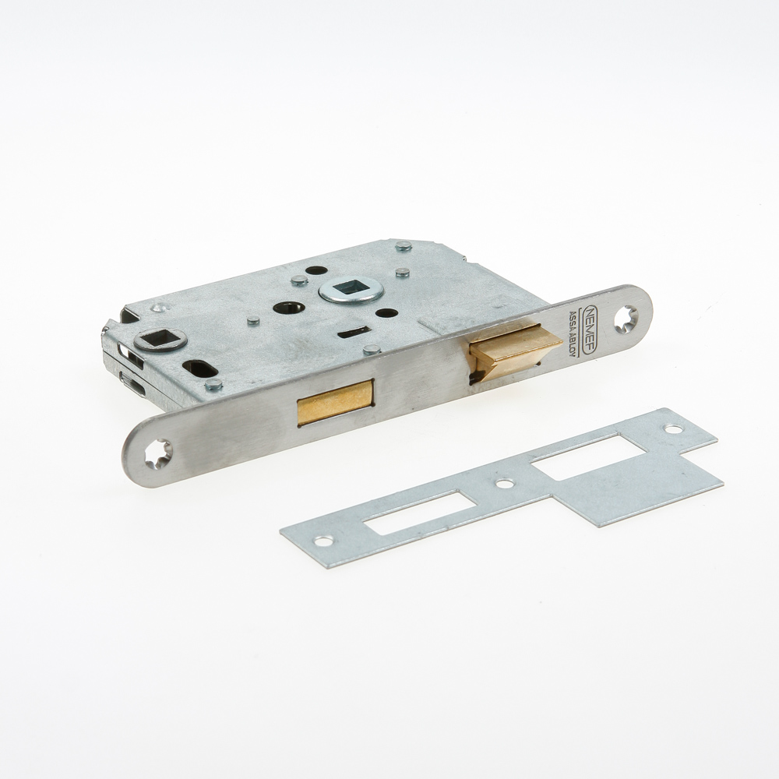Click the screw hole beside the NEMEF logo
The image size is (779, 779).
(x=625, y=317)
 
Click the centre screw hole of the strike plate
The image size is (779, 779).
(x=506, y=484)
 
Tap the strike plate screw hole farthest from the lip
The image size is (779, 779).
(x=323, y=541)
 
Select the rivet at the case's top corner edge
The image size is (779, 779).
(x=403, y=246)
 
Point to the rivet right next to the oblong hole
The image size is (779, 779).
(x=213, y=385)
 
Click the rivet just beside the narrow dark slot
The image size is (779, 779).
(x=372, y=349)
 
